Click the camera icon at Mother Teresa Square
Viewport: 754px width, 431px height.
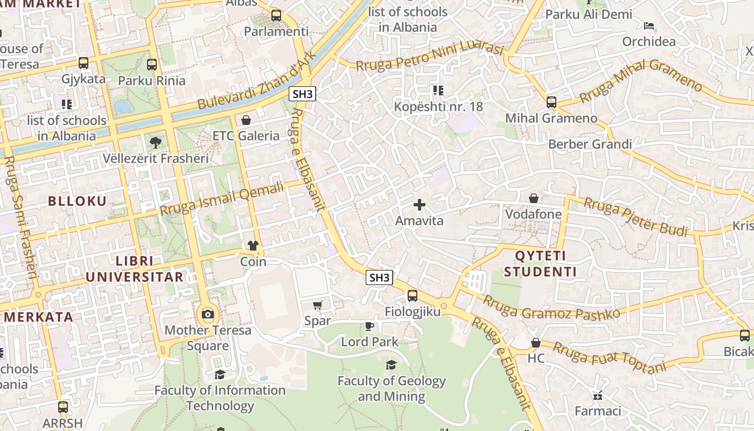pos(208,314)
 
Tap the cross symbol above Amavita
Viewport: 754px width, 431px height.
pos(419,205)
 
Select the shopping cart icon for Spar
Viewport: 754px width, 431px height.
pos(318,305)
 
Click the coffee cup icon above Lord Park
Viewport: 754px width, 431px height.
pos(369,325)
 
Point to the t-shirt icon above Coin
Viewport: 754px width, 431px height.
pos(253,246)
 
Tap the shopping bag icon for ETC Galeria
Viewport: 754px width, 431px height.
pos(246,120)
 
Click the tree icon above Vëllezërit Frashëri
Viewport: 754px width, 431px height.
pos(156,142)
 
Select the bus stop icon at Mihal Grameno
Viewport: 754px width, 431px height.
pos(551,102)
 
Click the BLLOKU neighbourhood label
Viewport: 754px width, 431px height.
pos(78,201)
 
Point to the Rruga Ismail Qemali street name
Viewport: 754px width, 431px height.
pos(222,199)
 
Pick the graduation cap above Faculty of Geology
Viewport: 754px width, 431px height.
pos(391,365)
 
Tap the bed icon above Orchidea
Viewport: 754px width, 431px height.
pos(649,26)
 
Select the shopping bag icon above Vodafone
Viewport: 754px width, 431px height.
pos(533,198)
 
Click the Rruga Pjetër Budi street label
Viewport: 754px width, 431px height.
pos(636,217)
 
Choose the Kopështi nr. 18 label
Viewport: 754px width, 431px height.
pos(438,106)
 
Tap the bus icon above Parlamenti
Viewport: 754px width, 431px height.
pos(276,16)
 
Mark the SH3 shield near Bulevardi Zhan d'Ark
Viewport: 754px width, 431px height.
pos(302,94)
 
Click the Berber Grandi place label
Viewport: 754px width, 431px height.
pos(590,144)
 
